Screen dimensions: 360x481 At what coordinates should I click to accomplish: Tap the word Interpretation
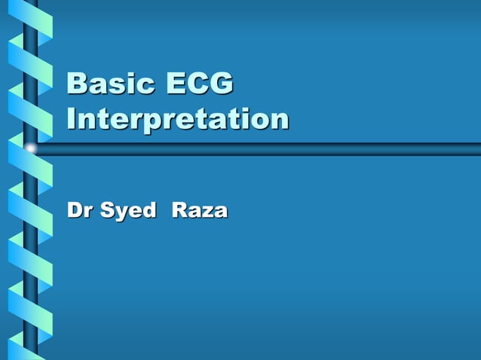click(x=177, y=120)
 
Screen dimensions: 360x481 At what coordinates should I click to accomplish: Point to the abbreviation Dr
click(x=81, y=210)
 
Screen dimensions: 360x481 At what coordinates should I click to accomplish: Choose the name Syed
click(x=132, y=212)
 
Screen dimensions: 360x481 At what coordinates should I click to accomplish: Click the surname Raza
click(x=199, y=210)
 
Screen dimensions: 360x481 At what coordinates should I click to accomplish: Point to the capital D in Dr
click(x=76, y=210)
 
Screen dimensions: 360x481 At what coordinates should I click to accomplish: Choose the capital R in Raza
click(x=180, y=210)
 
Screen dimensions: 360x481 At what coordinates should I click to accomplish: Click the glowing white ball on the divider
click(x=30, y=148)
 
